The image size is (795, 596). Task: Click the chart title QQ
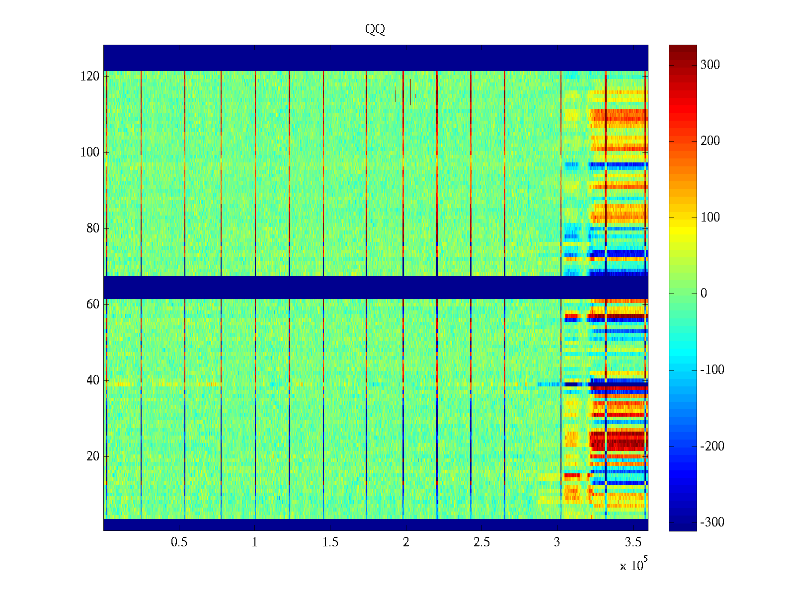[x=375, y=30]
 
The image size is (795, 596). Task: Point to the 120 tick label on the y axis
[x=89, y=76]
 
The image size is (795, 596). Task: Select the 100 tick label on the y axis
[x=89, y=152]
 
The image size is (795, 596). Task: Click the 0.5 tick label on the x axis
[x=179, y=542]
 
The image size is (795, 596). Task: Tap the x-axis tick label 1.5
[x=330, y=542]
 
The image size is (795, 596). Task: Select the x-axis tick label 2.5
[x=481, y=542]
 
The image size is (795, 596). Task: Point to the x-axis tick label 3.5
[x=633, y=542]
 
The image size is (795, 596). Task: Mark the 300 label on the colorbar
[x=710, y=65]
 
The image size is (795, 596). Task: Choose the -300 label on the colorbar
[x=712, y=522]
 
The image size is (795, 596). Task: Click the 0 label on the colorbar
[x=704, y=294]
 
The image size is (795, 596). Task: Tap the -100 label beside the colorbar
[x=712, y=370]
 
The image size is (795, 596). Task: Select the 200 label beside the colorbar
[x=710, y=141]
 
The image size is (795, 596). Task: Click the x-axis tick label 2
[x=406, y=542]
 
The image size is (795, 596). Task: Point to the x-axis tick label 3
[x=557, y=542]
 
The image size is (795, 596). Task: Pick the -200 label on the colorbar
[x=712, y=447]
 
